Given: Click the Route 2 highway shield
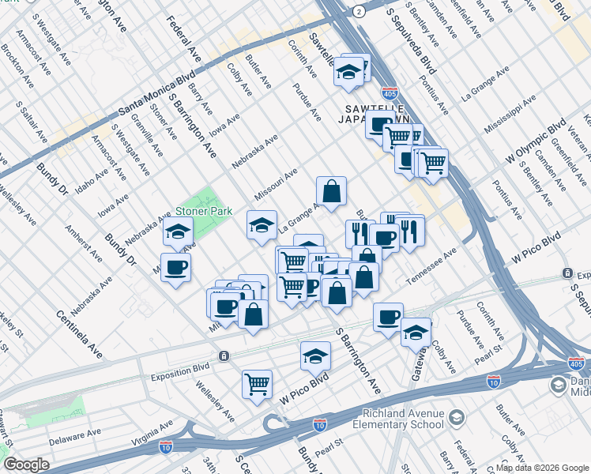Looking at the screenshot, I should coord(359,10).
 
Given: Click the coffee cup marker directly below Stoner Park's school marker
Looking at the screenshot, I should coord(175,266).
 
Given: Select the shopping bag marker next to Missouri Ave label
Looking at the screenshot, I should coord(332,190).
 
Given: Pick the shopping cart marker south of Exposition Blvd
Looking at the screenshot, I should coord(257,383).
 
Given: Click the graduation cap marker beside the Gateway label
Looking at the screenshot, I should coord(416,332).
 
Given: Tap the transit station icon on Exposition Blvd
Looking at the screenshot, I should coord(225,355).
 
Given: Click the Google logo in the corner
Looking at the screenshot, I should coord(27,465).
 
